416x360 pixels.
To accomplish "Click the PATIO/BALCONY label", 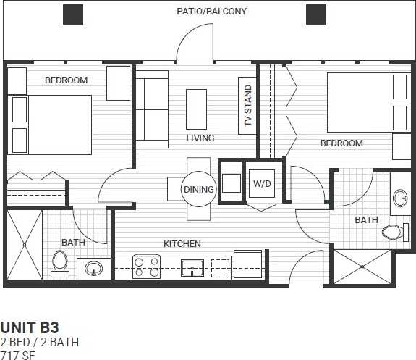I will pyautogui.click(x=212, y=12).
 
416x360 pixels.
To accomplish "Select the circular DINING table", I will pyautogui.click(x=198, y=190).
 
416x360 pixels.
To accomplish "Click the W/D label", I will pyautogui.click(x=261, y=184).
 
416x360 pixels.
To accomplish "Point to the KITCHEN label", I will pyautogui.click(x=182, y=244).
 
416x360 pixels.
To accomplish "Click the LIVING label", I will pyautogui.click(x=200, y=138).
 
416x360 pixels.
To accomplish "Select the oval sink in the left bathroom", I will pyautogui.click(x=94, y=269).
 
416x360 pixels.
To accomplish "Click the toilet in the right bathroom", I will pyautogui.click(x=392, y=232).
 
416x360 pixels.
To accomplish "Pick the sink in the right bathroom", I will pyautogui.click(x=402, y=198).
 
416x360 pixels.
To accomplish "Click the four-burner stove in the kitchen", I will pyautogui.click(x=147, y=267).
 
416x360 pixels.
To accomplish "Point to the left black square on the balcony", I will pyautogui.click(x=73, y=14).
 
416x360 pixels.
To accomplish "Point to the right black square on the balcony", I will pyautogui.click(x=315, y=14).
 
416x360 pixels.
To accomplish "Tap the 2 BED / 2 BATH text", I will pyautogui.click(x=40, y=341).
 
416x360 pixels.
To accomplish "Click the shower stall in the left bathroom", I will pyautogui.click(x=25, y=244).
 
